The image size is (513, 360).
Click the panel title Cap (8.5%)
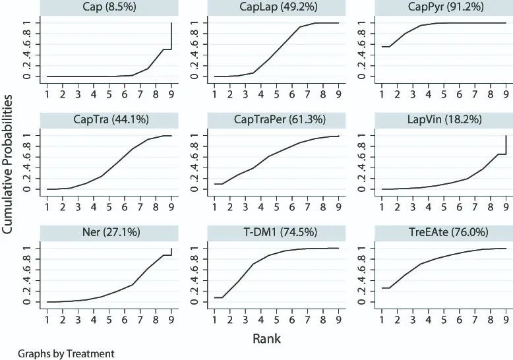(x=109, y=8)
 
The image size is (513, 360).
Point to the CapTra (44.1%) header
(x=109, y=121)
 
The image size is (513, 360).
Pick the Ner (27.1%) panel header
(x=109, y=233)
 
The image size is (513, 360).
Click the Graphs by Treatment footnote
(x=57, y=354)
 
